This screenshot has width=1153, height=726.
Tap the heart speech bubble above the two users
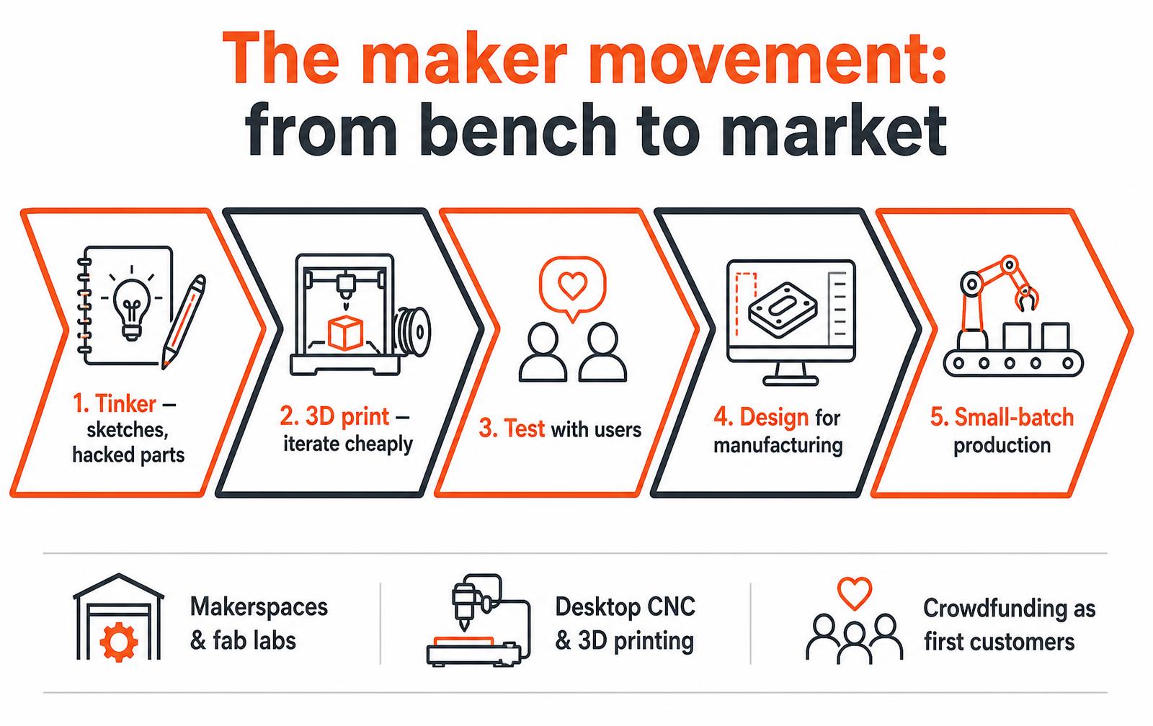tap(572, 289)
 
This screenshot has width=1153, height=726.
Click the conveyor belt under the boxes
tap(1013, 363)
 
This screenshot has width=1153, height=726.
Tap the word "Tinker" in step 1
tap(125, 404)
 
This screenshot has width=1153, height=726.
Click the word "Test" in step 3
tap(524, 429)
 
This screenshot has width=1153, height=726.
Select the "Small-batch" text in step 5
tap(1014, 417)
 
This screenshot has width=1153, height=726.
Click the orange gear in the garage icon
tap(118, 642)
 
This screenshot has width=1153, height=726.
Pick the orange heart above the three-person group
tap(855, 593)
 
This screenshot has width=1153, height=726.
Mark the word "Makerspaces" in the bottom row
tap(259, 607)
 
